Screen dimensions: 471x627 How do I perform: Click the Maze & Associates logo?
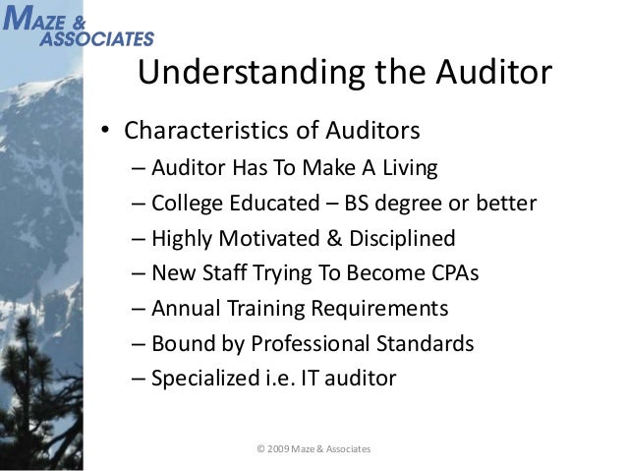78,26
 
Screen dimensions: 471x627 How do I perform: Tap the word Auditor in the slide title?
481,75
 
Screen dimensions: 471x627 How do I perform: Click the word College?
188,204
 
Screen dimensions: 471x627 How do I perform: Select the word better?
504,204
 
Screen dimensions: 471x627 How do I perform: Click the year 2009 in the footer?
279,449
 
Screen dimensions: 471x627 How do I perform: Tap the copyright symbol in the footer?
260,449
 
